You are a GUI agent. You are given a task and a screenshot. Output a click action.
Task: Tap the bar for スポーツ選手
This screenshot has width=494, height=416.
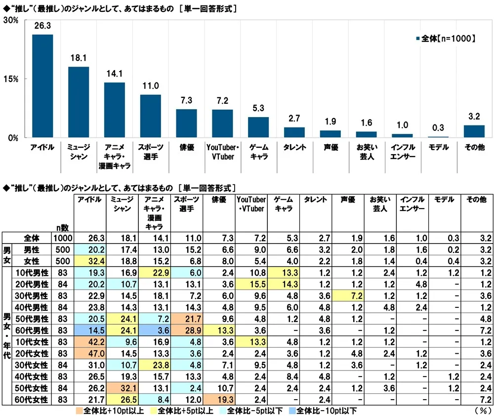(150, 116)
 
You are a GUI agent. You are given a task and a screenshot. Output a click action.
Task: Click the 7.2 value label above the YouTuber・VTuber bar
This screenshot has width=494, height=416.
(222, 101)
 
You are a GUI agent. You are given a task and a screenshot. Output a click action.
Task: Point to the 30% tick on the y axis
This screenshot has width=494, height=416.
(10, 20)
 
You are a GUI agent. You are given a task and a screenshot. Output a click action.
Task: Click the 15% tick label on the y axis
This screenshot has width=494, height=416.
(10, 79)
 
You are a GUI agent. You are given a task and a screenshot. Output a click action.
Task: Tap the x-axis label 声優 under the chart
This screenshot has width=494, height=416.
(330, 147)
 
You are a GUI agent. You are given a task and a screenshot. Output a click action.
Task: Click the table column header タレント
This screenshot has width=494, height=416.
(316, 200)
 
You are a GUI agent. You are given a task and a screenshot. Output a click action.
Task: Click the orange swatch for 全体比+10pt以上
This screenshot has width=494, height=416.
(79, 410)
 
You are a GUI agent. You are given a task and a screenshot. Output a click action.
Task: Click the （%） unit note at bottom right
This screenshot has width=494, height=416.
(481, 410)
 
